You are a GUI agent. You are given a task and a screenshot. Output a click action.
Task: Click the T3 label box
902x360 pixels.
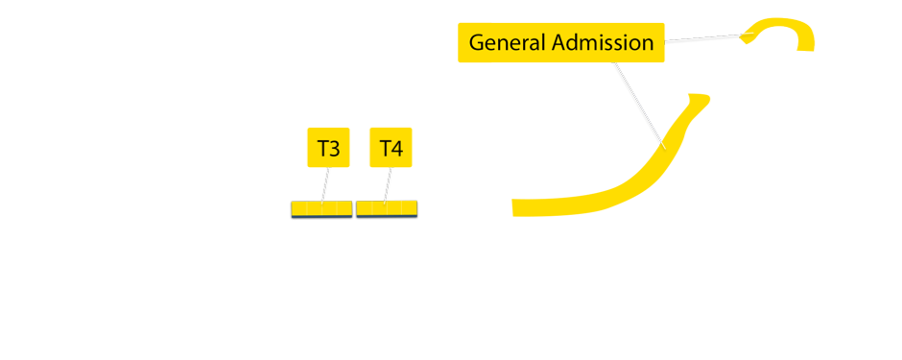pyautogui.click(x=328, y=148)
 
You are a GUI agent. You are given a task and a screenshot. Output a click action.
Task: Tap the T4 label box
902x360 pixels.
pyautogui.click(x=390, y=148)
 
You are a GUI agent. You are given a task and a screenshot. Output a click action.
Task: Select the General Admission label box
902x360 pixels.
pyautogui.click(x=561, y=43)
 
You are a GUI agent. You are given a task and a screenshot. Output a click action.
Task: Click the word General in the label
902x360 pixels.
pyautogui.click(x=508, y=43)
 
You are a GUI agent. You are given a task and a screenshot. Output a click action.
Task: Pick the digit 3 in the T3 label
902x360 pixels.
pyautogui.click(x=335, y=149)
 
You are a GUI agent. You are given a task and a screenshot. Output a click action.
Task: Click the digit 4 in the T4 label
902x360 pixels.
pyautogui.click(x=396, y=149)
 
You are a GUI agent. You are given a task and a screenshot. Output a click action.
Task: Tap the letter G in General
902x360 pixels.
pyautogui.click(x=477, y=43)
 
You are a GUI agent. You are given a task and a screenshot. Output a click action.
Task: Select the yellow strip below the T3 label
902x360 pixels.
pyautogui.click(x=321, y=208)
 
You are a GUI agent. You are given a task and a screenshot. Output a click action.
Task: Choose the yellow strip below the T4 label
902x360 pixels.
pyautogui.click(x=387, y=208)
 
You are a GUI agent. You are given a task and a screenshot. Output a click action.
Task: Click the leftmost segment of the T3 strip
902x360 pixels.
pyautogui.click(x=299, y=208)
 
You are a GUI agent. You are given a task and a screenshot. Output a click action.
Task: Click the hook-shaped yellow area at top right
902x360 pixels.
pyautogui.click(x=787, y=29)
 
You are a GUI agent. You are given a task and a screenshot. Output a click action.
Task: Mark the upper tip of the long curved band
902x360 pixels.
pyautogui.click(x=700, y=97)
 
